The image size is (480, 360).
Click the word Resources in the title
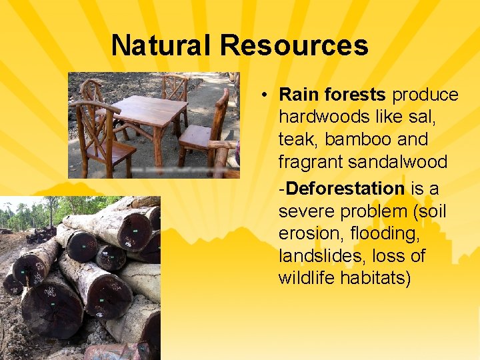pos(294,45)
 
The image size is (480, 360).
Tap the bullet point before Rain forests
pos(265,95)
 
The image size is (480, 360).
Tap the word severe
pos(306,211)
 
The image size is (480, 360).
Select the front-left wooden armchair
pos(100,133)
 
